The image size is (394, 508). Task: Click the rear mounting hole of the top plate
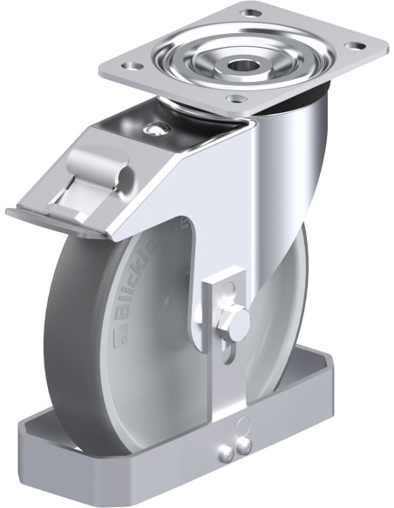251,14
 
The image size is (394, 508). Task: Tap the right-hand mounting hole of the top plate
355,45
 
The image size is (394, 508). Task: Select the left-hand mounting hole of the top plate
132,66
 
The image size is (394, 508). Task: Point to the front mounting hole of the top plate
236,97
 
